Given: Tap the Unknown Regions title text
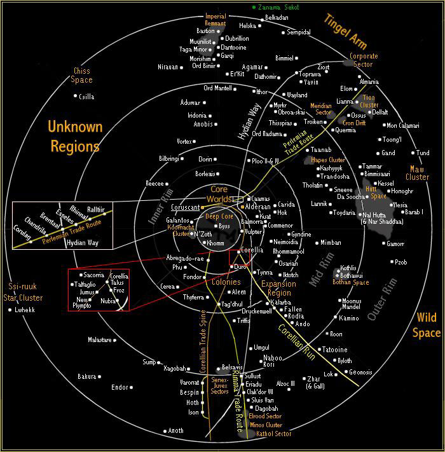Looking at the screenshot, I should coord(74,136).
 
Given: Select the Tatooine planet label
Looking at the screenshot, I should coord(335,350).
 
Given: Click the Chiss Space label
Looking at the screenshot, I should coord(82,76).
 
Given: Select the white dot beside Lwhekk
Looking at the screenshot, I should coord(10,310).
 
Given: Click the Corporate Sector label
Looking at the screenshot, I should coord(364,60).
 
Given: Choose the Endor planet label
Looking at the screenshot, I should coord(120,387).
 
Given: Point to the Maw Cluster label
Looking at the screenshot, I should coord(417,173).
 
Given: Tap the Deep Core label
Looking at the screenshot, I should coord(219,216).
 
